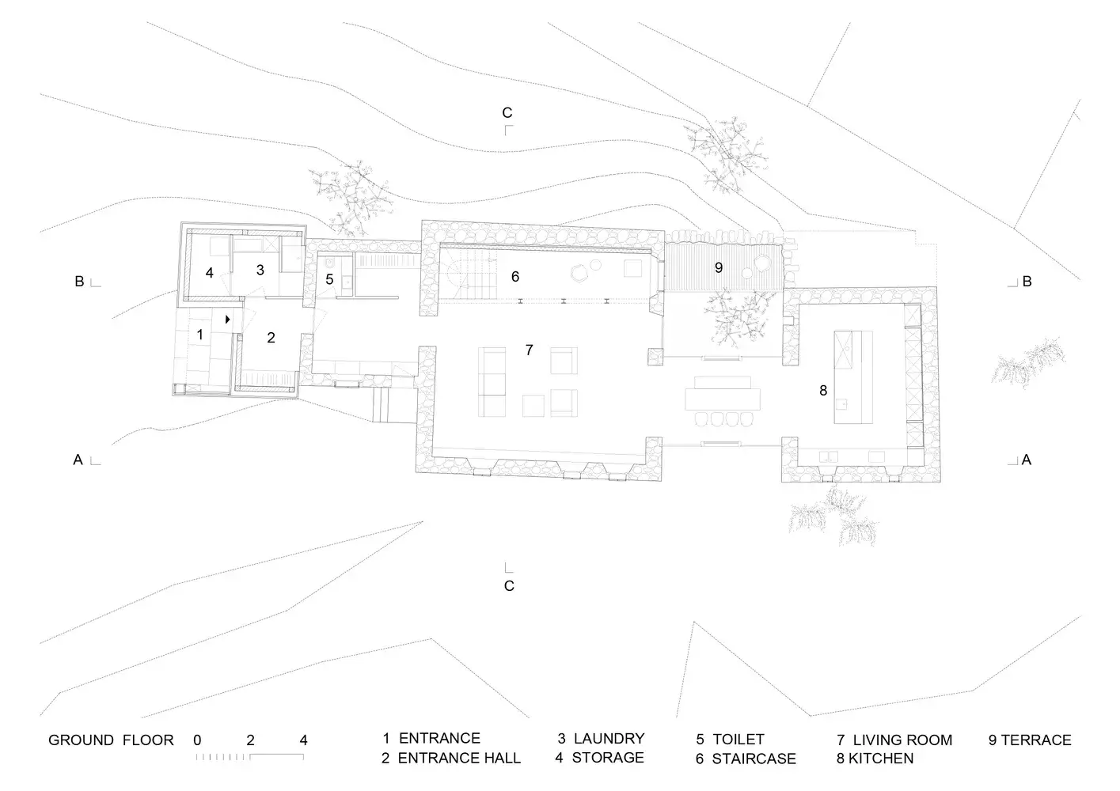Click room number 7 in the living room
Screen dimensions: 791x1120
click(529, 350)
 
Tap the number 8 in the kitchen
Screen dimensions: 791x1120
click(823, 391)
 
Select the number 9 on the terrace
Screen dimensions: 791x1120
click(719, 268)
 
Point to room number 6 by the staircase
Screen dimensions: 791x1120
click(515, 277)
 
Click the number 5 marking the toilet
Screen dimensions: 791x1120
click(329, 280)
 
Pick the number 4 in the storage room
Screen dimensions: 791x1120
click(209, 273)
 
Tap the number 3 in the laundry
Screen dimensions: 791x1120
click(260, 270)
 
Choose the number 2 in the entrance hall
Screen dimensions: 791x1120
click(271, 338)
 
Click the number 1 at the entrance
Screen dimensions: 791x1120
click(200, 335)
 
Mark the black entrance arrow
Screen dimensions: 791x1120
click(228, 320)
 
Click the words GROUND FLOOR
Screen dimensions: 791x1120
click(111, 741)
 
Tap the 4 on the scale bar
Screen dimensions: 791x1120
click(304, 741)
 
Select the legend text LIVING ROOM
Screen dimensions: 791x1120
click(902, 740)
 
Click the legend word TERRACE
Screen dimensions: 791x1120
click(1036, 740)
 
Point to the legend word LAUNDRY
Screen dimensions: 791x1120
click(609, 739)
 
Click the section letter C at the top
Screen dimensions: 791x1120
click(507, 112)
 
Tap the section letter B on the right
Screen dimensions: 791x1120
click(1027, 282)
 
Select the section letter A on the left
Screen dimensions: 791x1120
click(78, 460)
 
